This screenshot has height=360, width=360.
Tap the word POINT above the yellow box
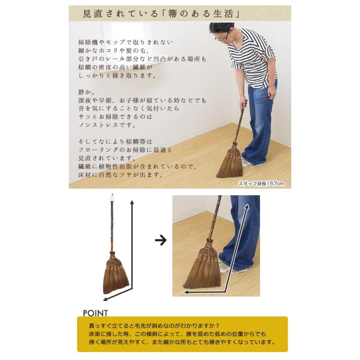click(95, 313)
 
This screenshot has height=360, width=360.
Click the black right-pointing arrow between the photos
click(160, 240)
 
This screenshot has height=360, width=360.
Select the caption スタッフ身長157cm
click(261, 184)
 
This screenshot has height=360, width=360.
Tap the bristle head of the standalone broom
click(115, 276)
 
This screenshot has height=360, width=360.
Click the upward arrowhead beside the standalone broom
click(132, 202)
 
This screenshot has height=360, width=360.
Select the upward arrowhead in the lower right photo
click(246, 207)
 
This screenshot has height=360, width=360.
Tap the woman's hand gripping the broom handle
click(243, 104)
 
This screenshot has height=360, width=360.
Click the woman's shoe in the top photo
click(251, 164)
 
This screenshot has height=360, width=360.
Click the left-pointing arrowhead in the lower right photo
click(187, 292)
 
